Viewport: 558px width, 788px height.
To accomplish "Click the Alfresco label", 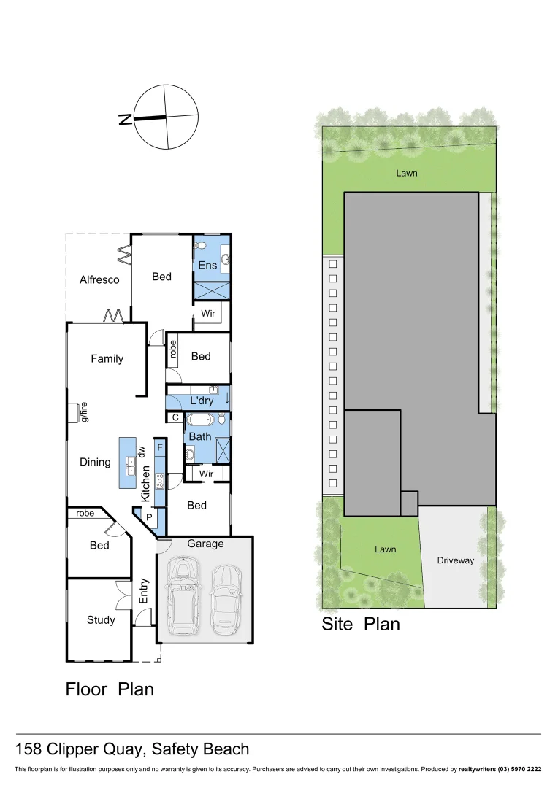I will coord(99,279).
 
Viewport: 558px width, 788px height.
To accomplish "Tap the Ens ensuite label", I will coord(207,265).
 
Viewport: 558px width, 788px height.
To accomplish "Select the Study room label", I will coord(101,620).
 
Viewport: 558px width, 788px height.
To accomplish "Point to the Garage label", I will coord(205,544).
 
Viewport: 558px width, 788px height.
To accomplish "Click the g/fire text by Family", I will coord(85,412).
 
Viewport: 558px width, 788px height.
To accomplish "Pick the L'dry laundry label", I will coord(202,401).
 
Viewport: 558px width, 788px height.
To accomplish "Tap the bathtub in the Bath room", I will coord(199,420).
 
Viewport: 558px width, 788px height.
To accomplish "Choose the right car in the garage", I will coord(226,598).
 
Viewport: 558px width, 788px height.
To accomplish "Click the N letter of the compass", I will coord(125,119).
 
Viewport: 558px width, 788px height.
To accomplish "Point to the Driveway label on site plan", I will coord(456,560).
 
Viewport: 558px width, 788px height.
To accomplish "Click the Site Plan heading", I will coord(361,625).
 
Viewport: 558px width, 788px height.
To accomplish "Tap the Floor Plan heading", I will coord(110,688).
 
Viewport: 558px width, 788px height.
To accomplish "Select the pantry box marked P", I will coord(149,517).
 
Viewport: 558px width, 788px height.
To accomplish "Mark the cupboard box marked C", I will coord(176,417).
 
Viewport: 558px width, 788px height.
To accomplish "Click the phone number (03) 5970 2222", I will coord(519,769).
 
